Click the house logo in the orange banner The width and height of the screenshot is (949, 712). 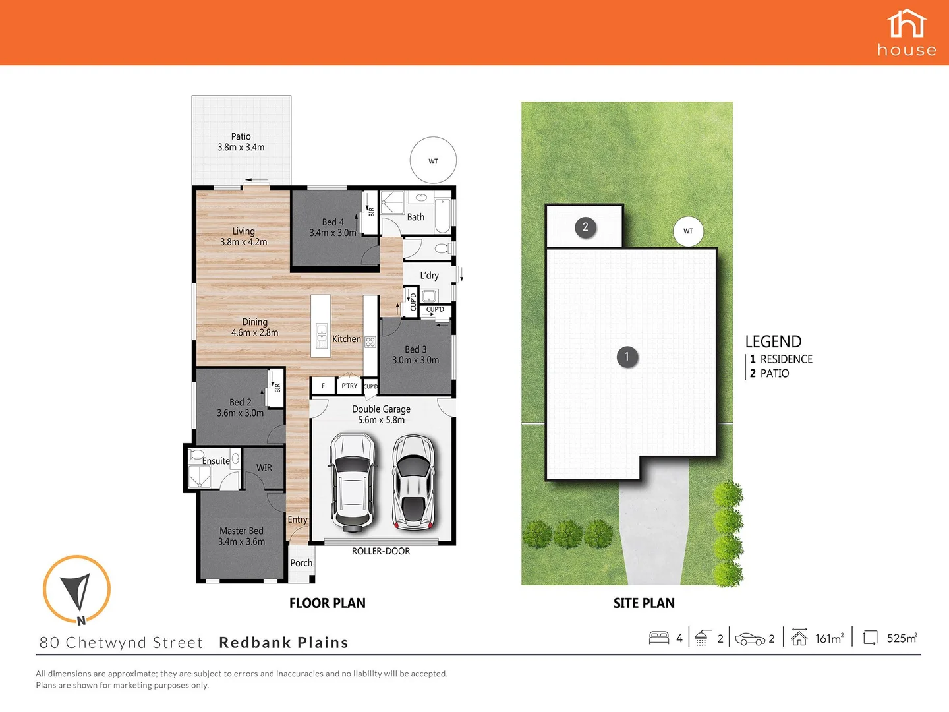907,32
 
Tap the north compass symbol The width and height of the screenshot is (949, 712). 76,589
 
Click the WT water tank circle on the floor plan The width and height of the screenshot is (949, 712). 433,161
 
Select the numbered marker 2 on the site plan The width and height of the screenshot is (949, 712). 585,227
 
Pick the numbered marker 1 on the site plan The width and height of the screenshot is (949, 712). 627,357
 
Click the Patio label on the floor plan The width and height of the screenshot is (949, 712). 241,142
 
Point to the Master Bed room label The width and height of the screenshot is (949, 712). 241,536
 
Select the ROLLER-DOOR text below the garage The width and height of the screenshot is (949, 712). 380,551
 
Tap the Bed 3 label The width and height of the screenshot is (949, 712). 415,355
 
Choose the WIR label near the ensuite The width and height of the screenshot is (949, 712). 264,467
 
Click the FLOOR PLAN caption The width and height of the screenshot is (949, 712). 327,603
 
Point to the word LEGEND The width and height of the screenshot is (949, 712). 773,341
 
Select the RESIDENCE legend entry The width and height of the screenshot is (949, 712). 786,359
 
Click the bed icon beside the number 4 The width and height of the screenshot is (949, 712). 659,638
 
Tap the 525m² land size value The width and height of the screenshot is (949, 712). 902,638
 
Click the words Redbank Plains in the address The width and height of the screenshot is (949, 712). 283,643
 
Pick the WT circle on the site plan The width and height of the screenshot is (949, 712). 688,231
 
